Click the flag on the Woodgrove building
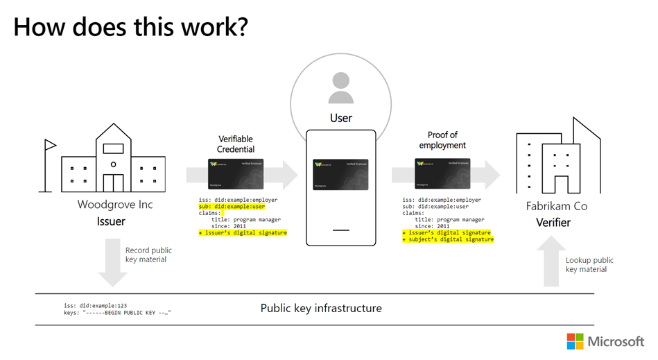[x=50, y=146]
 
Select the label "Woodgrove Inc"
[x=115, y=205]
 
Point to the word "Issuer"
[x=115, y=222]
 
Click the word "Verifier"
[x=553, y=222]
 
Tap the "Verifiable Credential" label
[x=236, y=144]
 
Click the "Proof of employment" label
[x=442, y=140]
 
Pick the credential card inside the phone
[x=340, y=175]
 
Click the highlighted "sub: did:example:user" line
[x=232, y=207]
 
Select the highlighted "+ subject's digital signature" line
[x=448, y=239]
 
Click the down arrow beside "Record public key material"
[x=112, y=262]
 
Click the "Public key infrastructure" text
[x=321, y=307]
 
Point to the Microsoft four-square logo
[x=575, y=341]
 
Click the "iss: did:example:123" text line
[x=94, y=305]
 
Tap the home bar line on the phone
[x=340, y=230]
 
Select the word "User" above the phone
[x=340, y=118]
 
